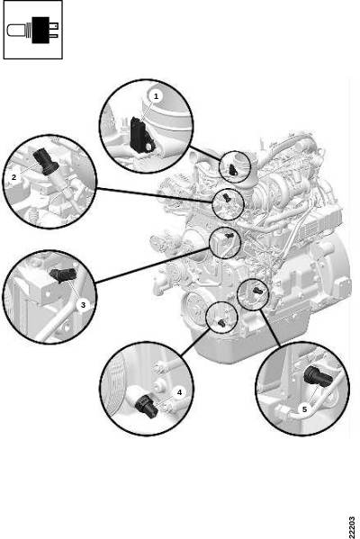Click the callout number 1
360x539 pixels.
tap(156, 96)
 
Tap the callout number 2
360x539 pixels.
tap(14, 177)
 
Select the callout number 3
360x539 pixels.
tap(83, 304)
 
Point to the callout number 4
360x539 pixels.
tap(179, 392)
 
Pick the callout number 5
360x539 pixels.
tap(304, 409)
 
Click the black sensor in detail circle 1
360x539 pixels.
tap(141, 136)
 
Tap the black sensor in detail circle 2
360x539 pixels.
tap(46, 160)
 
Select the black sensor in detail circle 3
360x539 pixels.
tap(63, 275)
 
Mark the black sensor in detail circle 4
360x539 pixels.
tap(147, 406)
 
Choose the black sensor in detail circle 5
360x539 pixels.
tap(318, 376)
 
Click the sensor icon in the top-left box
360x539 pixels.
tap(32, 31)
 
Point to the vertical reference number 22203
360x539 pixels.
tap(351, 526)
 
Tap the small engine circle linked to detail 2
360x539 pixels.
tap(212, 204)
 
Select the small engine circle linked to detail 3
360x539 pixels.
tap(210, 242)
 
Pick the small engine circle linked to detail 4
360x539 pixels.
tap(206, 317)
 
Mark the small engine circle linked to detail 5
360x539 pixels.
tap(238, 294)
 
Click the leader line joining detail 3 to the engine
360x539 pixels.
tap(152, 265)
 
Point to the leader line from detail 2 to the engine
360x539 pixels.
tap(155, 195)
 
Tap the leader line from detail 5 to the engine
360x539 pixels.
tap(270, 327)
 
